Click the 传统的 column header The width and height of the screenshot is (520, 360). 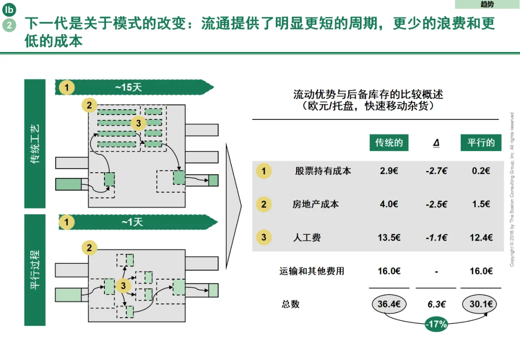click(389, 143)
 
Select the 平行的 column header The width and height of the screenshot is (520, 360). click(481, 143)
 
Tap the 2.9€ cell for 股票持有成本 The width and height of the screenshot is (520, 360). click(389, 171)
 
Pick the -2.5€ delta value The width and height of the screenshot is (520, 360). click(436, 205)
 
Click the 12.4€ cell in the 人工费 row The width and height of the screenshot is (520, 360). click(481, 237)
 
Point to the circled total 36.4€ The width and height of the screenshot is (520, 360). click(389, 304)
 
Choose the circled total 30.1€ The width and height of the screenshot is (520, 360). click(480, 304)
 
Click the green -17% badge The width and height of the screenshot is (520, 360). click(436, 324)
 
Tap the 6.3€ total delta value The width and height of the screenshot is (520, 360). click(436, 304)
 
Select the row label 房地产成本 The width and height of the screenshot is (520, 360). click(315, 205)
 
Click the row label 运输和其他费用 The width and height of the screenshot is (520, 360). click(312, 271)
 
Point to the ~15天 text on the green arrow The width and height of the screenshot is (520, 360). click(129, 88)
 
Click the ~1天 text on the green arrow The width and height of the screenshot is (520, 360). click(129, 222)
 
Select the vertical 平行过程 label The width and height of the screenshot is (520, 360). click(35, 270)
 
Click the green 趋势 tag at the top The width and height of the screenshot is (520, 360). click(487, 4)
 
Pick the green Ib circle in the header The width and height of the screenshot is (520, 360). click(9, 9)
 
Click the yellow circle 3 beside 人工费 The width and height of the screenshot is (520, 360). click(263, 237)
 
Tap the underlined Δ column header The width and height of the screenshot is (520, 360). click(436, 143)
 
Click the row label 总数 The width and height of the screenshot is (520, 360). click(290, 304)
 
